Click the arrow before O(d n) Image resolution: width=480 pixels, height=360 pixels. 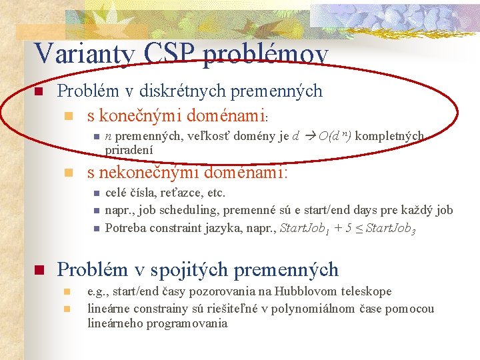(x=310, y=137)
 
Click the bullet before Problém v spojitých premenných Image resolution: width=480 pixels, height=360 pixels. (x=39, y=271)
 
